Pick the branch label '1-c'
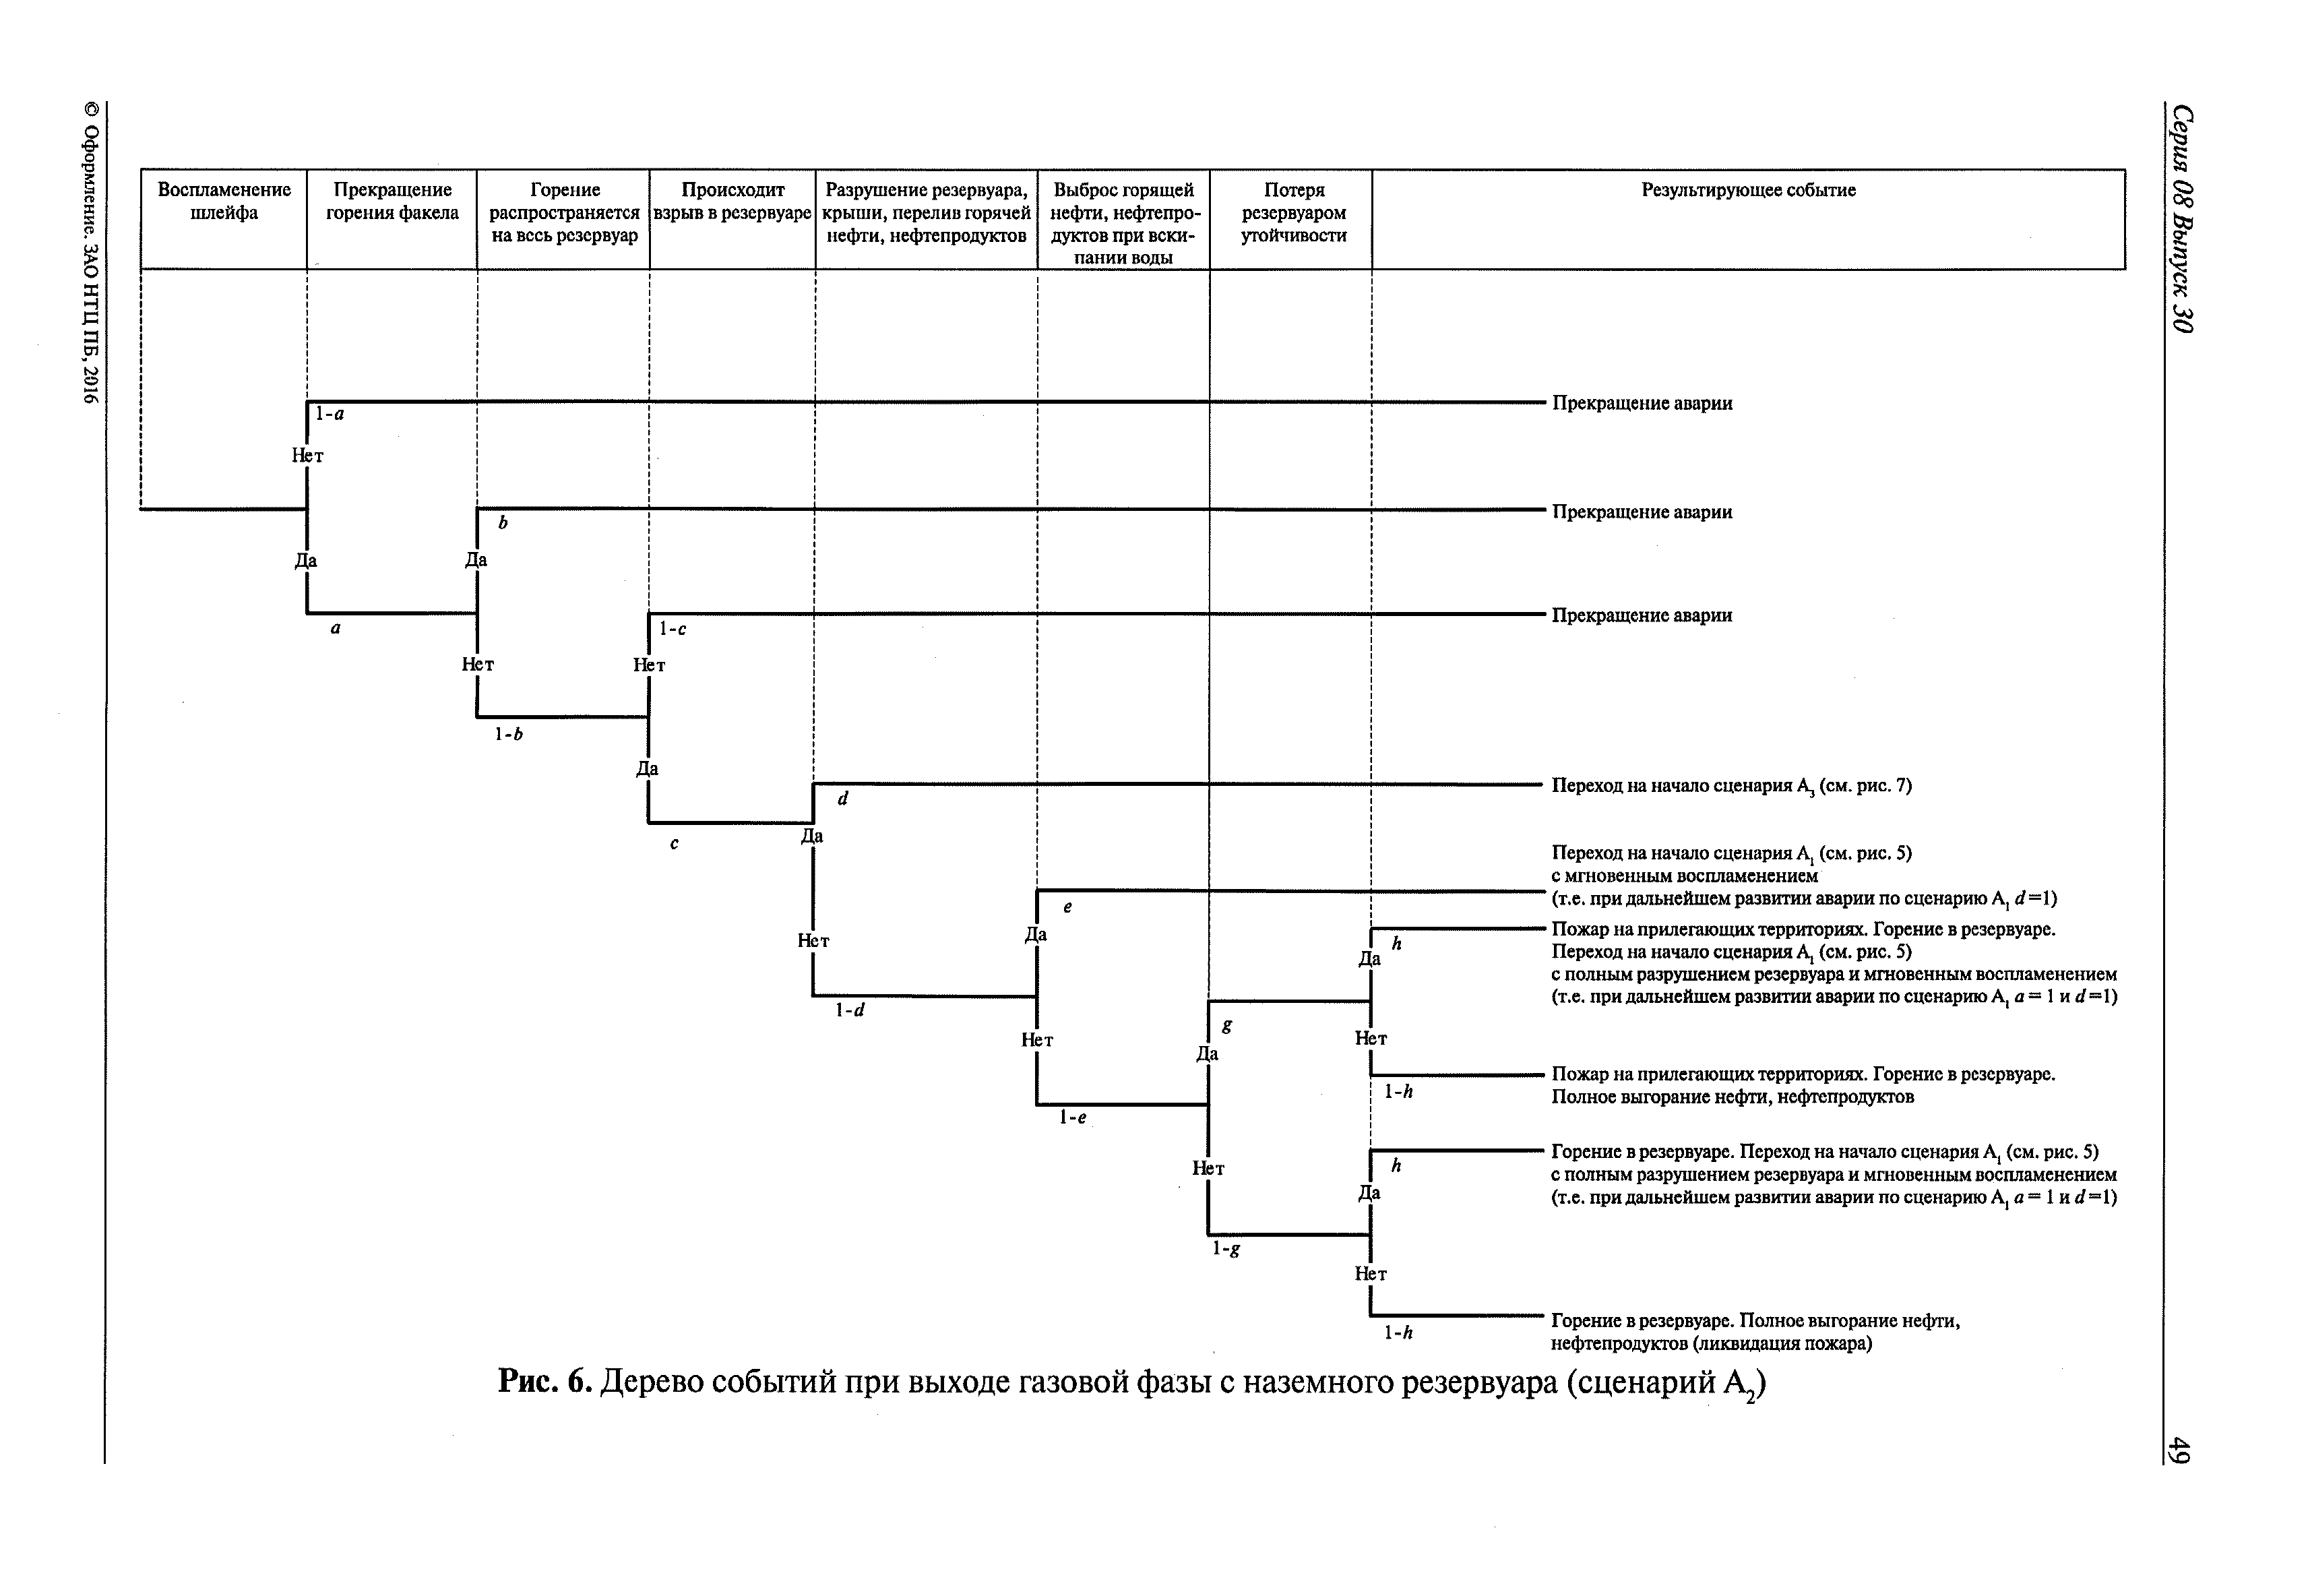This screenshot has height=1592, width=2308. (673, 630)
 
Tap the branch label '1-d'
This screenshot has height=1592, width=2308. (850, 1010)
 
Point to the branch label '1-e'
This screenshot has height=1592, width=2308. (1072, 1118)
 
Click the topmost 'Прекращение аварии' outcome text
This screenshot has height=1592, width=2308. (1642, 403)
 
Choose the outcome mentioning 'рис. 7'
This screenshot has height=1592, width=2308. (1730, 786)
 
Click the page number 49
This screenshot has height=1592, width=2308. (2181, 1449)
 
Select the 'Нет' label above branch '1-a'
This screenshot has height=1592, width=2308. (307, 456)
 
